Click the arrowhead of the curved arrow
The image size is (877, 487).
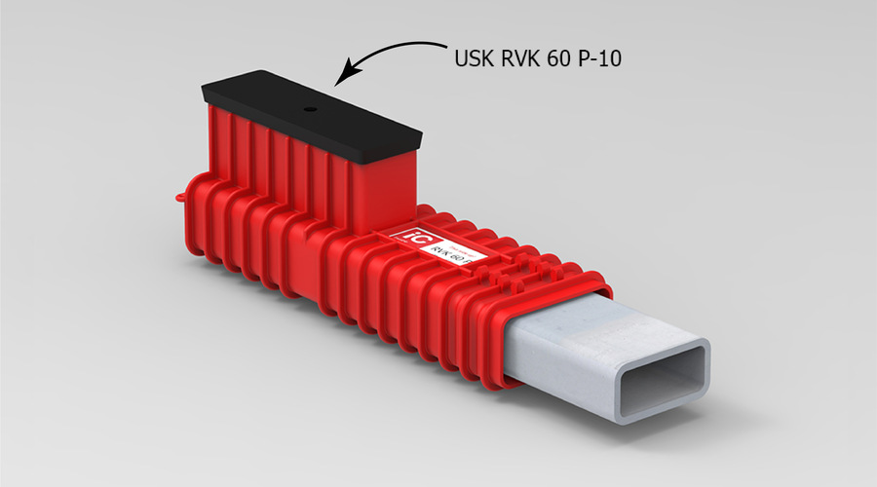click(x=340, y=75)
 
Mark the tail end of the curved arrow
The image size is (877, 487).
click(x=443, y=45)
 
